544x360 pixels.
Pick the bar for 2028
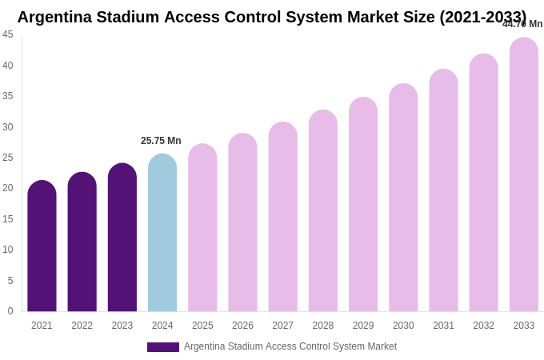[323, 211]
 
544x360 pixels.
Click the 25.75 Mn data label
[161, 141]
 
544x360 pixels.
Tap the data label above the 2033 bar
[522, 24]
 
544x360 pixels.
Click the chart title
[272, 17]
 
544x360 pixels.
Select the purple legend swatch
[163, 347]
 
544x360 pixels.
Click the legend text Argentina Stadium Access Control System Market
[290, 346]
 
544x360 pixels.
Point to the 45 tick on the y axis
[8, 34]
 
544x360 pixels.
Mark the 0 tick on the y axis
[10, 311]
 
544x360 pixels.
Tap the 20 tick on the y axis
[8, 188]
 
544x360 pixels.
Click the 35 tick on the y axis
[8, 96]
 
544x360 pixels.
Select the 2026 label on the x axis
[242, 326]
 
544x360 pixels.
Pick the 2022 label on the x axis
[82, 326]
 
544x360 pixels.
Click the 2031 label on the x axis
[443, 326]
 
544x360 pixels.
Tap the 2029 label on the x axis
[363, 326]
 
